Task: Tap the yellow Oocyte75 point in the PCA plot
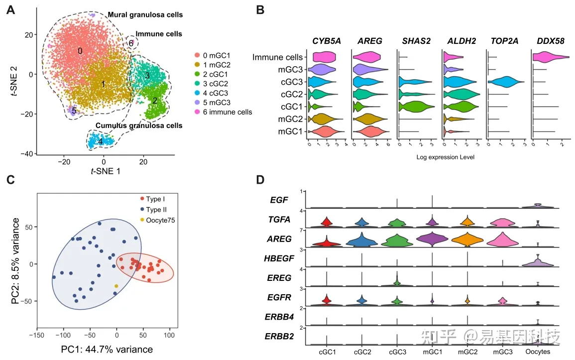(116, 286)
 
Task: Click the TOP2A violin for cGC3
(506, 82)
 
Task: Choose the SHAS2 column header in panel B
(417, 41)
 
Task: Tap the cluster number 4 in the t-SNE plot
(101, 141)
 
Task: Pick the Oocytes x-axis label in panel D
(538, 352)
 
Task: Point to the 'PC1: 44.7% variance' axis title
(107, 349)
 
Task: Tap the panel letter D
(260, 180)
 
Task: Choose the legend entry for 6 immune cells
(223, 112)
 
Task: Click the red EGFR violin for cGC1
(326, 300)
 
